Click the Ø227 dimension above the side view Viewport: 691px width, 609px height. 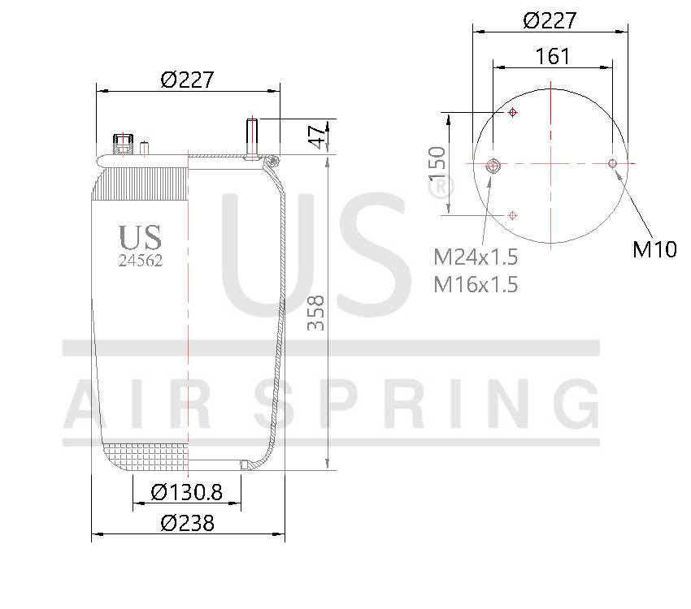[x=187, y=80]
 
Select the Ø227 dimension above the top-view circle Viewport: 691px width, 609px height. [x=550, y=20]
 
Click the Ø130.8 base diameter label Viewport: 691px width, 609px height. [x=187, y=492]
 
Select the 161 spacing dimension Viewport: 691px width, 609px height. [x=553, y=56]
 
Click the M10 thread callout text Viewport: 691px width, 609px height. [x=654, y=249]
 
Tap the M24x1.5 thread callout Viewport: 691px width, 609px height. [x=476, y=257]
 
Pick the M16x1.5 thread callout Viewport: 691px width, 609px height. [x=476, y=284]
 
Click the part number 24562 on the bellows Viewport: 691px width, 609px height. [x=141, y=261]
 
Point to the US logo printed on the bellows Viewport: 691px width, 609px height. [x=141, y=237]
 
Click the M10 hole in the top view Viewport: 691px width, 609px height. [x=613, y=164]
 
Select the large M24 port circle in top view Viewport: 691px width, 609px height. [x=493, y=166]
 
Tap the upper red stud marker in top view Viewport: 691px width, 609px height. [x=513, y=113]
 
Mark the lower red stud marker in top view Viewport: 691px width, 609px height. [x=513, y=215]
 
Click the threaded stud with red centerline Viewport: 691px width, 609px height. [x=253, y=140]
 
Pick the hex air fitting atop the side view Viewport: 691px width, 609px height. [x=123, y=144]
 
